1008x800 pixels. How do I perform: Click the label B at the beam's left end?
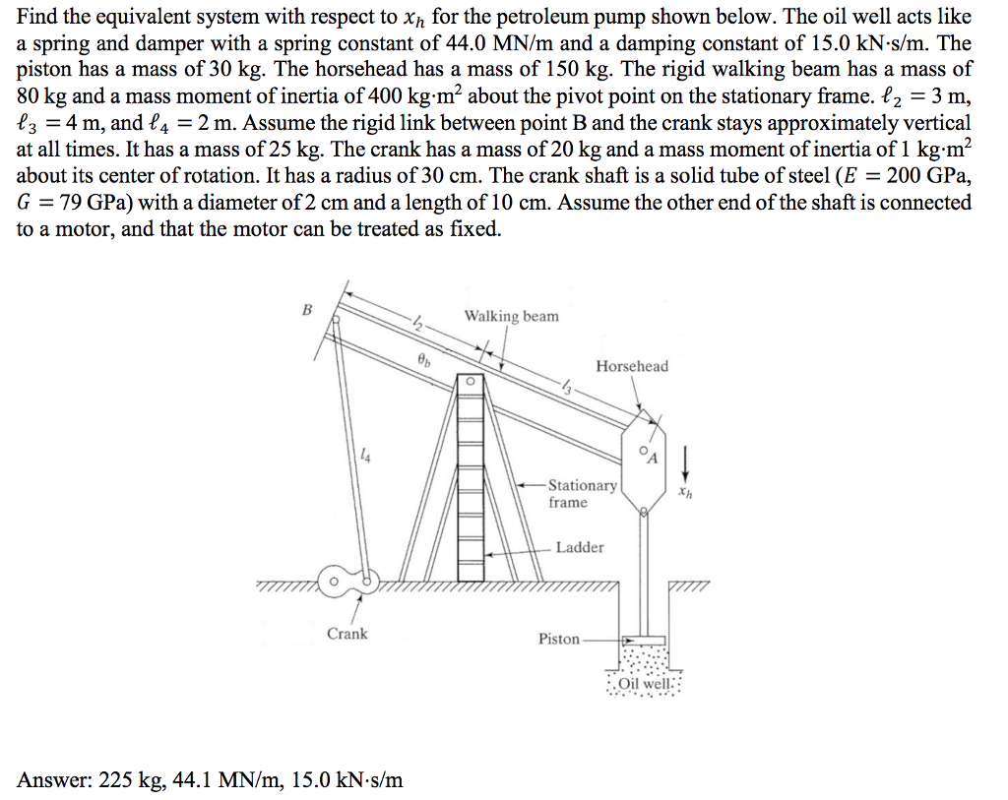click(306, 310)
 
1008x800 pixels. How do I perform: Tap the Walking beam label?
click(511, 316)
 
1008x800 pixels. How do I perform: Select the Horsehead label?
click(631, 366)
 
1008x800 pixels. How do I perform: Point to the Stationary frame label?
click(582, 494)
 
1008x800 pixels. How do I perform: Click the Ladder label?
click(580, 547)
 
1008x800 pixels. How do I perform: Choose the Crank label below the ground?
click(346, 634)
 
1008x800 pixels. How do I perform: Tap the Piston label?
click(558, 639)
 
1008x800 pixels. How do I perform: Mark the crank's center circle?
click(335, 581)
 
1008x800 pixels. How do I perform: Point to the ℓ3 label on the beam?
click(568, 386)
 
